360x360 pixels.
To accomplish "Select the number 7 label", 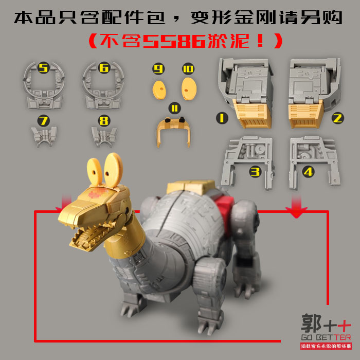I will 43,121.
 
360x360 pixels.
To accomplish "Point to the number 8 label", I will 104,121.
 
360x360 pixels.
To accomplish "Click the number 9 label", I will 158,68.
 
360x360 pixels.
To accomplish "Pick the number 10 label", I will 188,68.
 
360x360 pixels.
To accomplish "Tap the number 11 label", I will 174,108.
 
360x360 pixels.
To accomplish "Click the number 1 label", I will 222,118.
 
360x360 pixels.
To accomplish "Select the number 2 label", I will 337,118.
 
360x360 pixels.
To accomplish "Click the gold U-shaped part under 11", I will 173,131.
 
